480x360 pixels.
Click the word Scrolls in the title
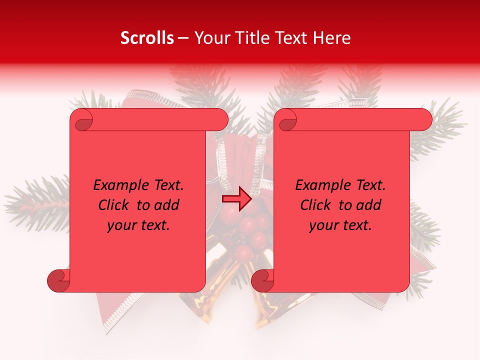coord(147,38)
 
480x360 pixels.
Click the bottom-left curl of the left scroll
coord(59,280)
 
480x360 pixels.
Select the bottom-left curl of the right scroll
coord(262,280)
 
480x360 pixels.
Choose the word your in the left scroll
coord(121,226)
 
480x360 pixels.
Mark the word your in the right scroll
coord(323,226)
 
